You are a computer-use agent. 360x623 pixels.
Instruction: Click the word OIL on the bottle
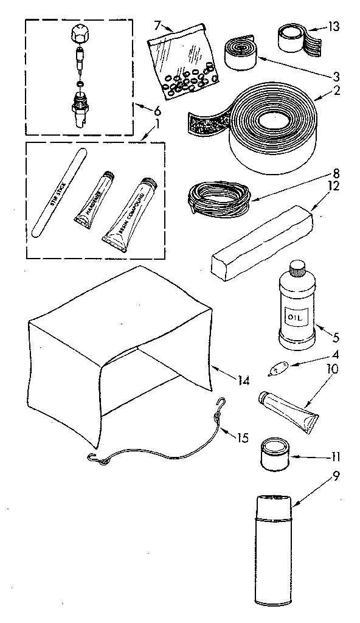click(296, 317)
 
